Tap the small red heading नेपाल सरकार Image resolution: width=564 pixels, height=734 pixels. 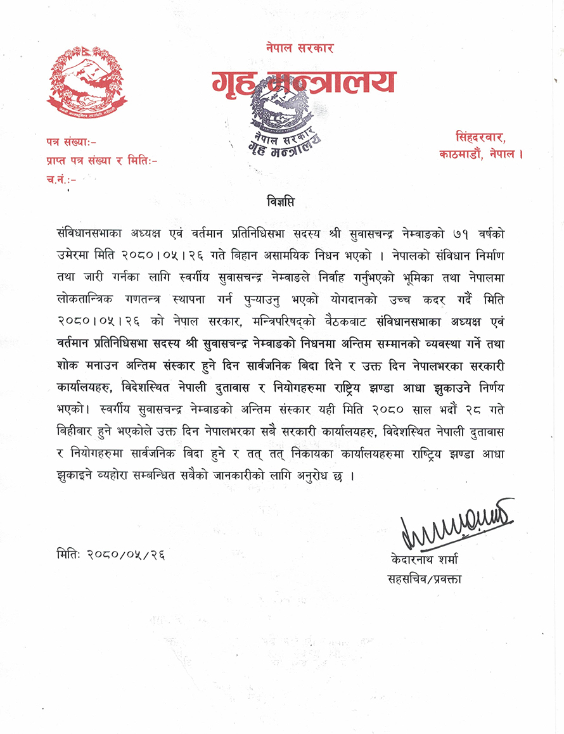pos(300,48)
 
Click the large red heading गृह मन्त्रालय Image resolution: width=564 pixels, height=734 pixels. pos(303,82)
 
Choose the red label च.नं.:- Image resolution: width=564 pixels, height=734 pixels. pos(61,179)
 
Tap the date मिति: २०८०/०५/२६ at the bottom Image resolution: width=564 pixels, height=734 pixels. pos(112,554)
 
